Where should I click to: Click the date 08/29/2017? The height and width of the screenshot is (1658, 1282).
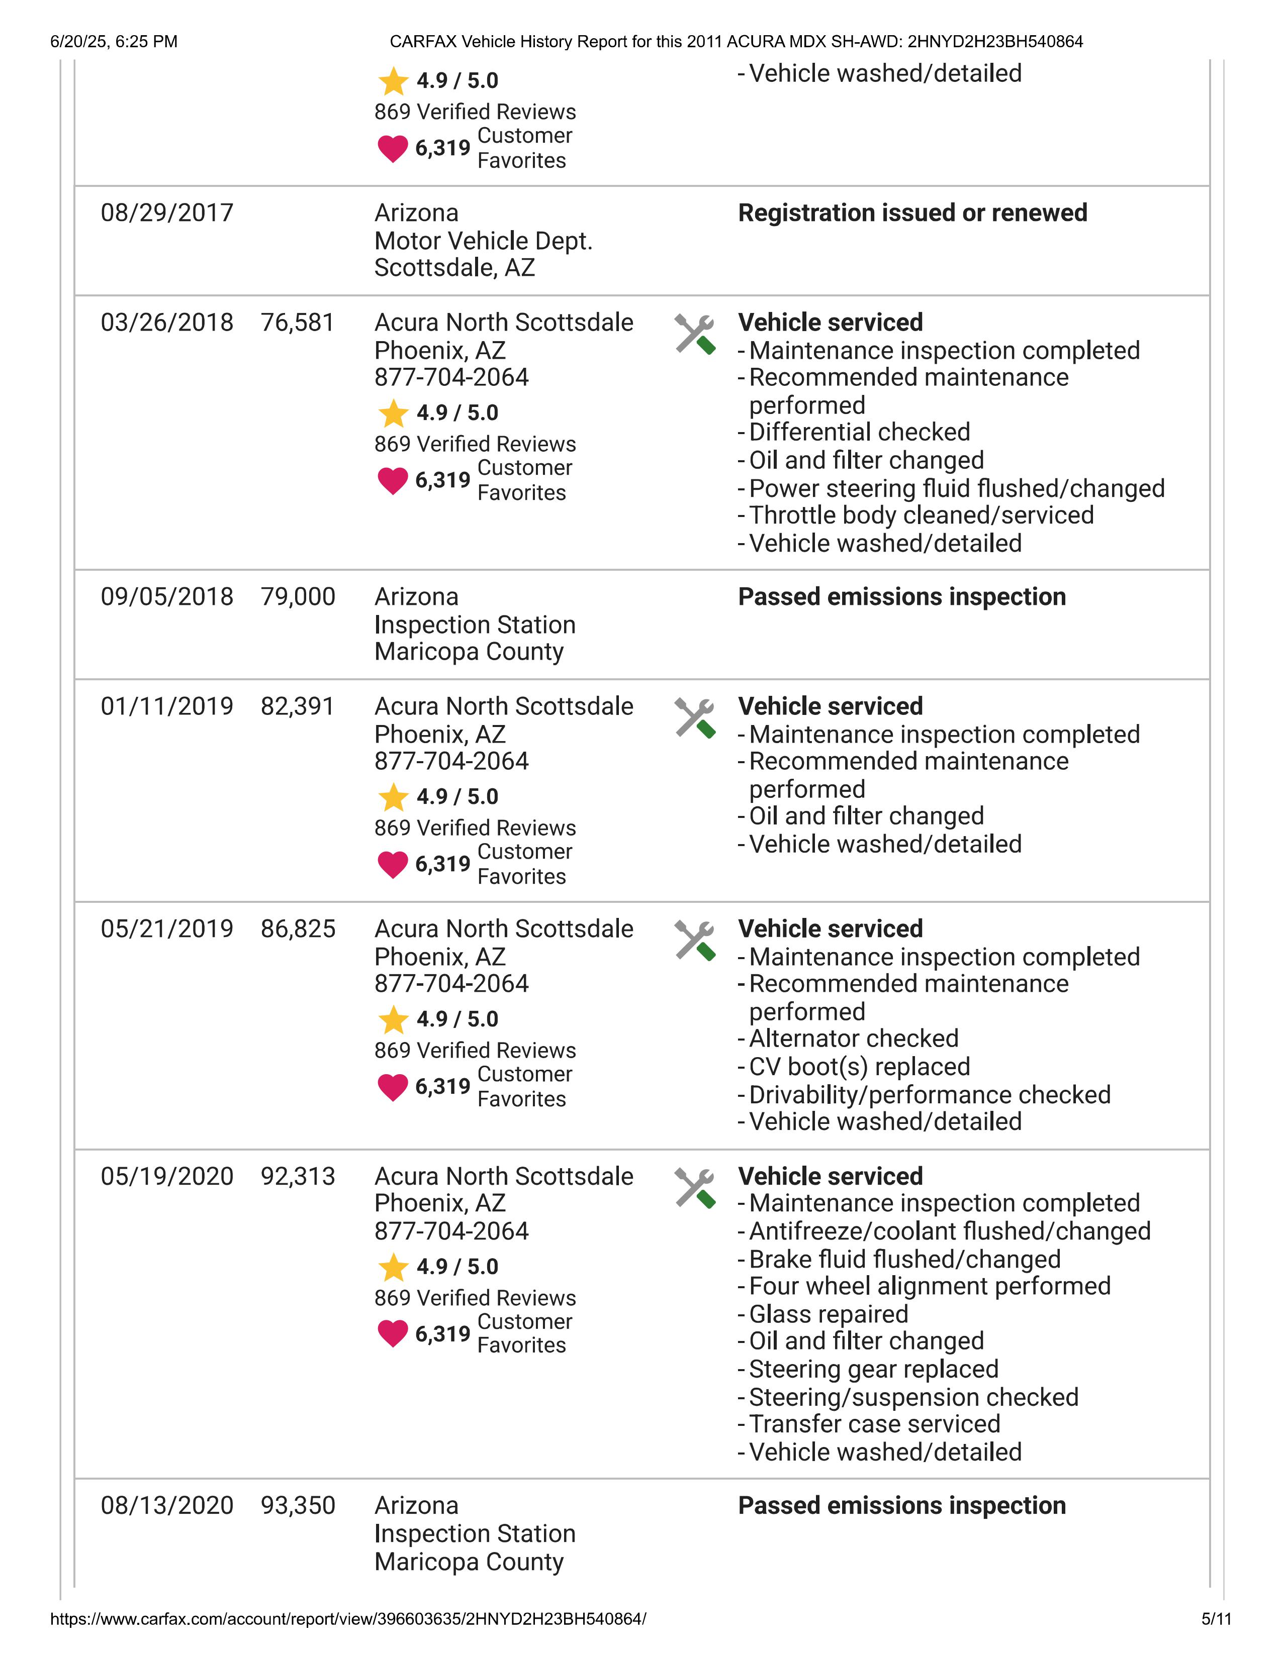(x=166, y=214)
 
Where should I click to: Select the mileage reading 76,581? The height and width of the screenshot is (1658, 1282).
(x=297, y=323)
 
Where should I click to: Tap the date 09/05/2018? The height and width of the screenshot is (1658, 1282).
(x=166, y=597)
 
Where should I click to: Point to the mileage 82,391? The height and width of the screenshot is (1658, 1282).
(x=297, y=707)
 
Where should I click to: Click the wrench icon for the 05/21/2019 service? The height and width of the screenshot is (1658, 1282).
(x=694, y=941)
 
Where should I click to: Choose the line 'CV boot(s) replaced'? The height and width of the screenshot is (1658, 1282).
(x=859, y=1067)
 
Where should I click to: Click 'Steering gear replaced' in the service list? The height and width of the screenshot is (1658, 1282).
(x=873, y=1369)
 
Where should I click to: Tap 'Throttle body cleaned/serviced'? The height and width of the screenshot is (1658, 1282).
(x=921, y=515)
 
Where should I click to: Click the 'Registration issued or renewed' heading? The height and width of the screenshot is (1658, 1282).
(x=912, y=214)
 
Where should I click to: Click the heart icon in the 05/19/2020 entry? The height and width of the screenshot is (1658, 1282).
(x=393, y=1334)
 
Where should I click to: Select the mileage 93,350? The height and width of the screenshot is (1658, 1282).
(x=298, y=1505)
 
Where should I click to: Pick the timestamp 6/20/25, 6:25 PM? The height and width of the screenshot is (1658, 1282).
(x=114, y=42)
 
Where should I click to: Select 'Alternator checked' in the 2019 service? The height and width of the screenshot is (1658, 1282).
(x=854, y=1039)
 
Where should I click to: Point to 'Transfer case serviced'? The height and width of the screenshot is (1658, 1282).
(x=874, y=1424)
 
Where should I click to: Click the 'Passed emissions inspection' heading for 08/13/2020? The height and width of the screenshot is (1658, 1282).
(x=901, y=1505)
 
